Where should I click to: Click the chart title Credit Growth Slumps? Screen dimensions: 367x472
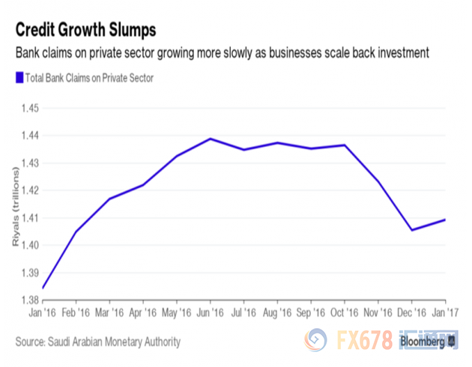pyautogui.click(x=86, y=31)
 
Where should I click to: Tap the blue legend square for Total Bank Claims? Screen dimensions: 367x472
pyautogui.click(x=18, y=76)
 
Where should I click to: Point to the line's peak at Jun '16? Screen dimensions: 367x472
pyautogui.click(x=210, y=139)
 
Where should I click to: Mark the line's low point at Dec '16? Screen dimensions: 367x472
pyautogui.click(x=412, y=230)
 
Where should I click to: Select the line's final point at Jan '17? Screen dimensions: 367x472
pyautogui.click(x=445, y=219)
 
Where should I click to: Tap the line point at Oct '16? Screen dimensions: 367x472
pyautogui.click(x=345, y=145)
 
